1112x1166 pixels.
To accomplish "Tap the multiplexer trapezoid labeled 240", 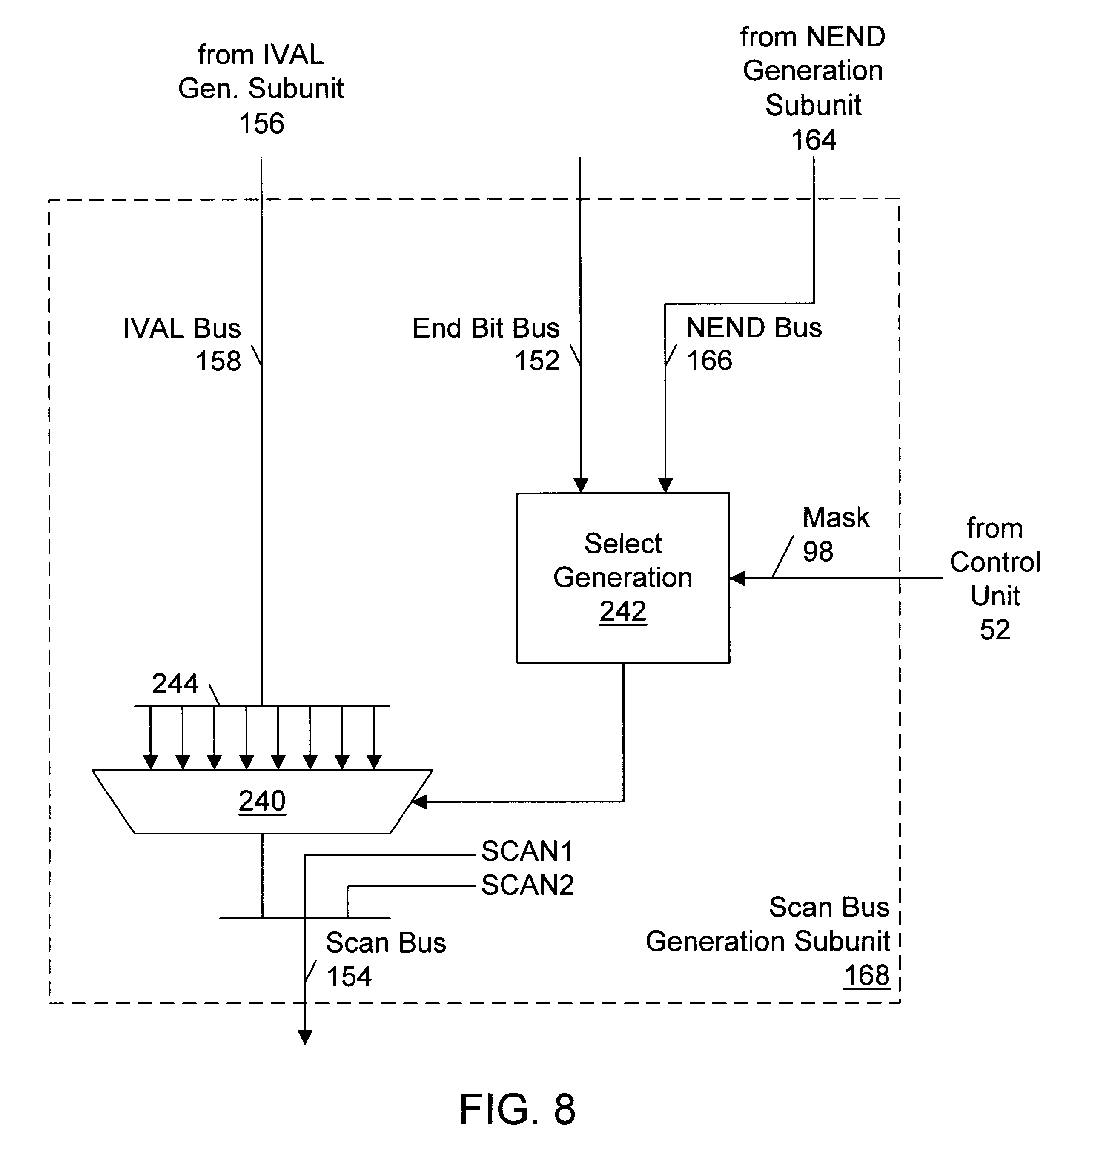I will [262, 802].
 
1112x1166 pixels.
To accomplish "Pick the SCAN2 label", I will [527, 885].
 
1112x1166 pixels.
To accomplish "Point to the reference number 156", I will [261, 124].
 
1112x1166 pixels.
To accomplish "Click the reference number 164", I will [813, 140].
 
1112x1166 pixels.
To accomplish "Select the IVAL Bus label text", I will [182, 328].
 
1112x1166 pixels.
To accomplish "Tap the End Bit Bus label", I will [485, 328].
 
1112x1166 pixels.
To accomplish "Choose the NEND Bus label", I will [754, 328].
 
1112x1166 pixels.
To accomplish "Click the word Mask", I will [835, 518].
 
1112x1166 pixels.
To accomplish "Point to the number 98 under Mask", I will [817, 551].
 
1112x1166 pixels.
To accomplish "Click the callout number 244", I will [175, 684].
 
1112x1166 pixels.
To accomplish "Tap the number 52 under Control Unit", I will [994, 630].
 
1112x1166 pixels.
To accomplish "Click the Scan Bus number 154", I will [349, 976].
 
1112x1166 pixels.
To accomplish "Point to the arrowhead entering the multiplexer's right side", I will [419, 802].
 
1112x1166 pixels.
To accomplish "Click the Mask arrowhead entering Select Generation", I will [737, 578].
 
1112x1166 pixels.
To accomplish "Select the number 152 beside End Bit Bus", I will [536, 361].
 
